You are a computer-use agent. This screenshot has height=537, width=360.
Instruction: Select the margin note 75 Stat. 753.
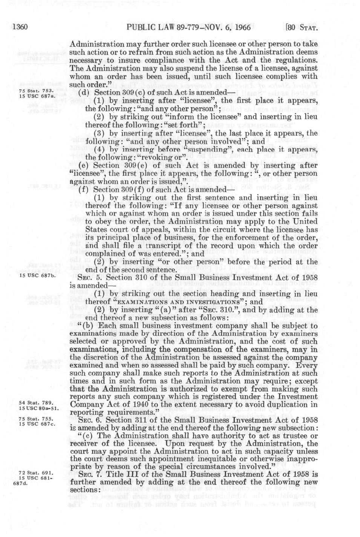(37, 90)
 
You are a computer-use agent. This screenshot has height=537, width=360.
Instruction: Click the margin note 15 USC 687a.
(37, 95)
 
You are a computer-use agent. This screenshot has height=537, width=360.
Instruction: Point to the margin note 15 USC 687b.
(37, 276)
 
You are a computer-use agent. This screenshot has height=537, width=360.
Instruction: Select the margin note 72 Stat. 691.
(37, 473)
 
